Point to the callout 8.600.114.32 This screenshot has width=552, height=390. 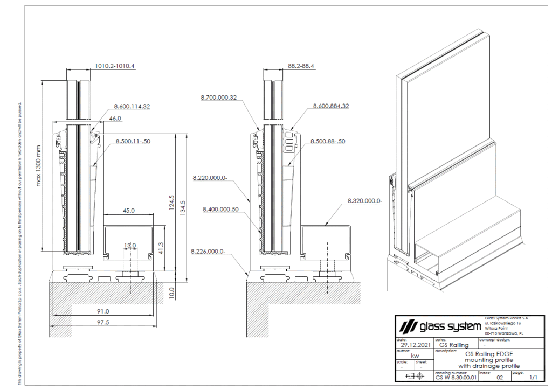coord(132,107)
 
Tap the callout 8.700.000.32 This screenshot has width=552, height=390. coord(218,97)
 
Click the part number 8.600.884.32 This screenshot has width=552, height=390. coord(331,107)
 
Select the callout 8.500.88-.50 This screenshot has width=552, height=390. coord(328,142)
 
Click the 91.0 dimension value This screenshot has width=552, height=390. coord(102,311)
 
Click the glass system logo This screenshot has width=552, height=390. coord(439,326)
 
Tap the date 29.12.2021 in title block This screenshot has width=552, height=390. coord(412,345)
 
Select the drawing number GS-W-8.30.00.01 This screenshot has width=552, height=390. coord(456,378)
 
